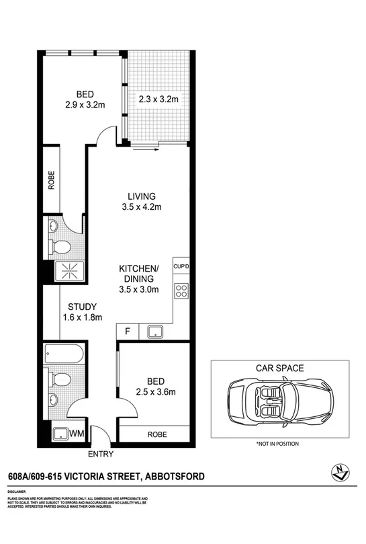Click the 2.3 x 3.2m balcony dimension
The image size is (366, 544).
(158, 100)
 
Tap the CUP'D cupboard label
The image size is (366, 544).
(182, 267)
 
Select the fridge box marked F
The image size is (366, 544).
(127, 332)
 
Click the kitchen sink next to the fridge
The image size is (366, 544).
(154, 332)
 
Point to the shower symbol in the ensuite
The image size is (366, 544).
(66, 270)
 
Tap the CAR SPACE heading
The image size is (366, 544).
(279, 368)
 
